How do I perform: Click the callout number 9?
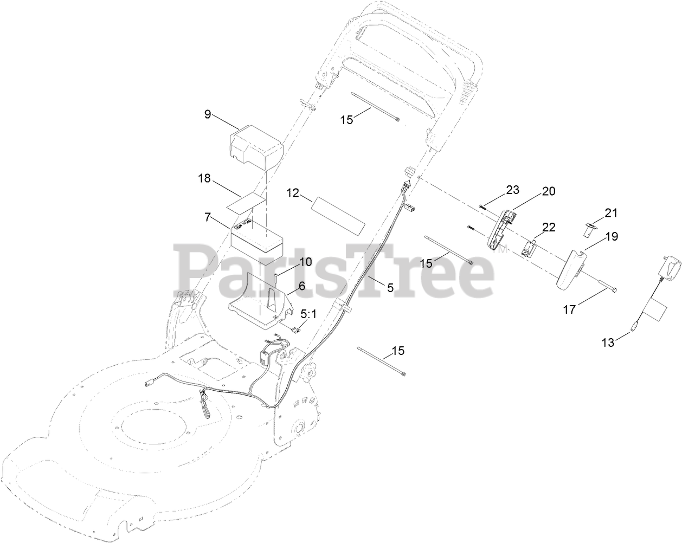point(208,114)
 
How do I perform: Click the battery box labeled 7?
point(258,240)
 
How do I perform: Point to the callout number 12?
point(293,192)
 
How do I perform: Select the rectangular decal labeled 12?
point(337,216)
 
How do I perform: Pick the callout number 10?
point(305,262)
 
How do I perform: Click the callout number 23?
point(512,190)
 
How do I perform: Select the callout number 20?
point(549,191)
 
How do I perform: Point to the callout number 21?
point(611,213)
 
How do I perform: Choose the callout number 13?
point(609,343)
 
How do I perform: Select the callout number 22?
point(549,228)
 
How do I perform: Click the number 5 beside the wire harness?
point(390,288)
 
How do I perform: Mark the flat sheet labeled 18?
point(247,202)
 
